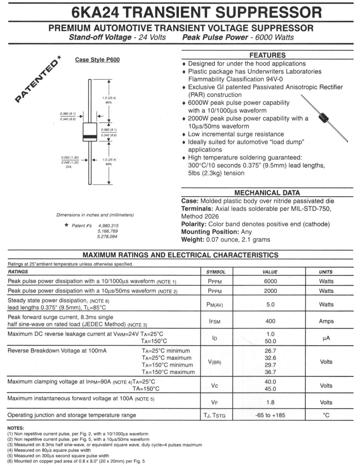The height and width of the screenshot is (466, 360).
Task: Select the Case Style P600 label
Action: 97,60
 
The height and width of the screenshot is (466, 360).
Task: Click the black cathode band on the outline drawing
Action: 90,137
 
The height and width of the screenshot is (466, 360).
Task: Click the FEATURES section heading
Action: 267,55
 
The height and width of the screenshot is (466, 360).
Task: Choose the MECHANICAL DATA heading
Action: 267,193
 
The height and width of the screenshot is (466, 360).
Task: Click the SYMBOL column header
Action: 216,272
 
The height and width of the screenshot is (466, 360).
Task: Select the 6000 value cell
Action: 270,281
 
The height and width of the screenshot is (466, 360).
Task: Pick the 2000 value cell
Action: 270,291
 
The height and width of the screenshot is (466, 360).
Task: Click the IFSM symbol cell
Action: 215,322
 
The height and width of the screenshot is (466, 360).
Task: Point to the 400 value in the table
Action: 270,321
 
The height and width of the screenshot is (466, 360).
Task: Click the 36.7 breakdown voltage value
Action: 270,372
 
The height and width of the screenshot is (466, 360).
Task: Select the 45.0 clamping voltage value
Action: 270,389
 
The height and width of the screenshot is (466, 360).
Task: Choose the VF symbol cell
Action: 215,402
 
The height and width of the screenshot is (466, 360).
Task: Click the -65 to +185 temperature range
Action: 270,415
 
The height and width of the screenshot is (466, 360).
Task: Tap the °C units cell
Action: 326,415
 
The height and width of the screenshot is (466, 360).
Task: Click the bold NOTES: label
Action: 16,428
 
